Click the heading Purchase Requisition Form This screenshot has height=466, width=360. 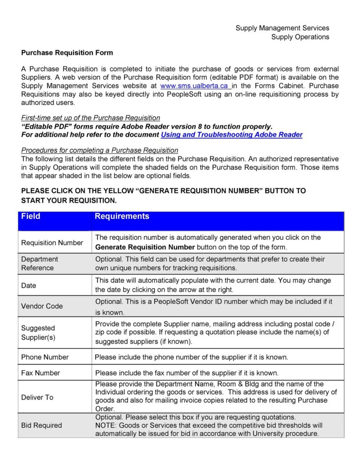click(x=67, y=53)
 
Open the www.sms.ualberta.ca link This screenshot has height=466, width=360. click(x=195, y=86)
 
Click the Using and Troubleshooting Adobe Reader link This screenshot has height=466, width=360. click(x=232, y=135)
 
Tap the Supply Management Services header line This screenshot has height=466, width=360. click(x=282, y=28)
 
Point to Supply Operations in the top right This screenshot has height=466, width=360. click(x=300, y=37)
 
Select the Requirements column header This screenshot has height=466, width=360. click(x=122, y=217)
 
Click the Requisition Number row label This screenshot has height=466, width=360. click(x=52, y=242)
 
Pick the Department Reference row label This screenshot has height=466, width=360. click(x=40, y=263)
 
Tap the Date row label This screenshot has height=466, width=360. click(x=29, y=285)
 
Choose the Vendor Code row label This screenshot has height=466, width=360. click(x=42, y=306)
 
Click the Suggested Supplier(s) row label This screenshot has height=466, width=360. click(x=38, y=332)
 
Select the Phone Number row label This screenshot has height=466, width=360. click(x=45, y=357)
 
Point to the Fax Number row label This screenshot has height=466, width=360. click(x=41, y=373)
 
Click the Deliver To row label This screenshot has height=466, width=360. click(x=37, y=397)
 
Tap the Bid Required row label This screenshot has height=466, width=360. click(x=42, y=425)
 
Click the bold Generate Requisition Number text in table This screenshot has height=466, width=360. click(x=145, y=247)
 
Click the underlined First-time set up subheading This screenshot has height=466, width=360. click(x=91, y=118)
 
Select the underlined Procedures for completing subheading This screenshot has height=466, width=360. click(x=100, y=150)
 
